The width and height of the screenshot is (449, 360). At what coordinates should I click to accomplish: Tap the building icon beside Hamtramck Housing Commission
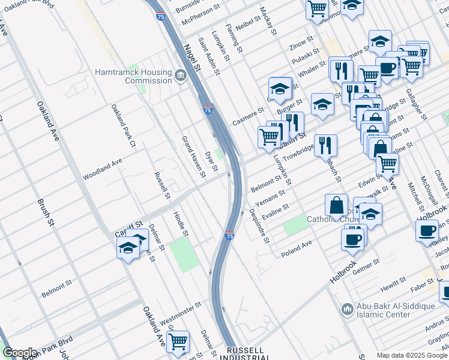pyautogui.click(x=181, y=76)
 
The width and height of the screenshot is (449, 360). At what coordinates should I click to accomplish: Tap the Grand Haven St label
pyautogui.click(x=194, y=157)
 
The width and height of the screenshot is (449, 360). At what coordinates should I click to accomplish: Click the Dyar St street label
pyautogui.click(x=211, y=161)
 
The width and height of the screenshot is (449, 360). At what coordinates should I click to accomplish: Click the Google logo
pyautogui.click(x=19, y=353)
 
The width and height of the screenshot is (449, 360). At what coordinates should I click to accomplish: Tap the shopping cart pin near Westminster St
pyautogui.click(x=178, y=341)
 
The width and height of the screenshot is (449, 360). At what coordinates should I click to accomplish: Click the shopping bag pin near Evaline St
pyautogui.click(x=337, y=205)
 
